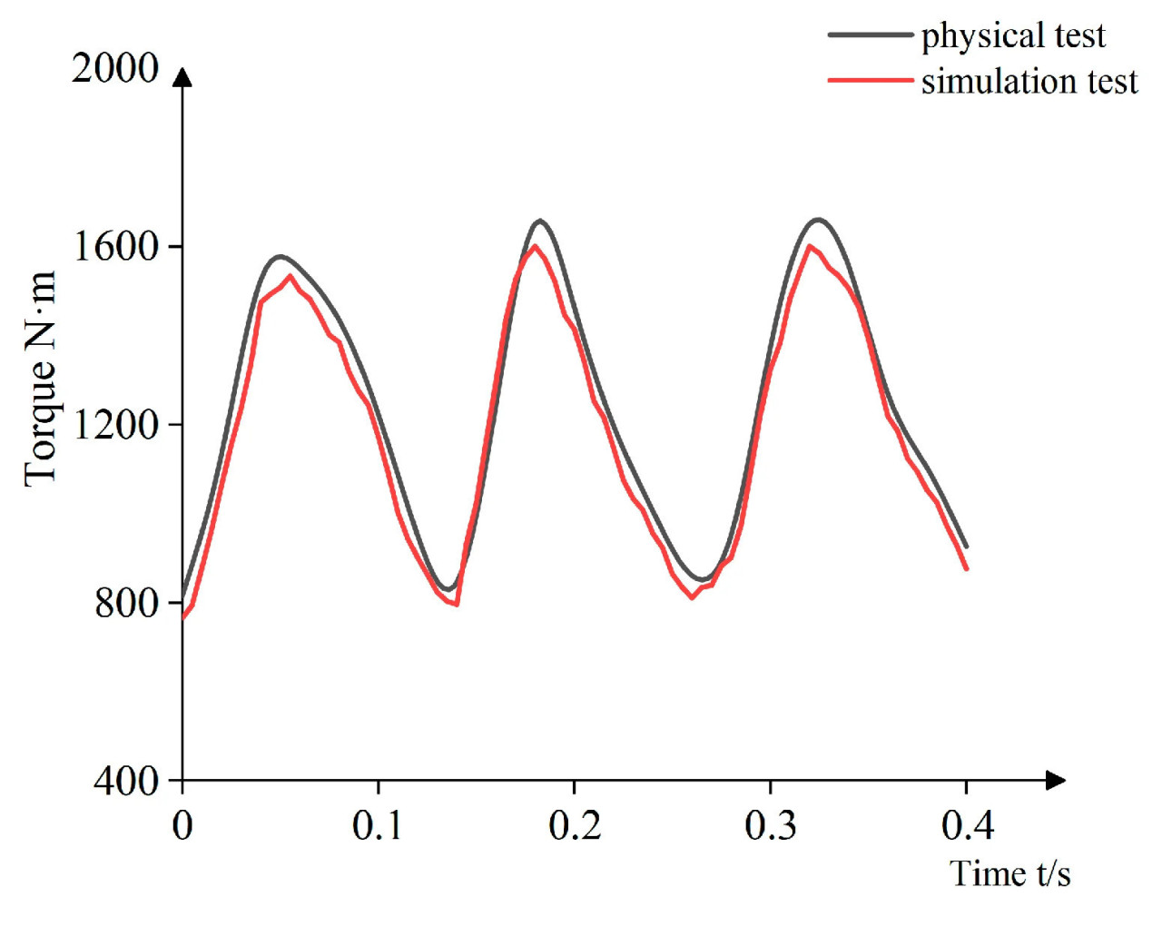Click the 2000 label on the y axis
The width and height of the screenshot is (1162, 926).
[x=115, y=68]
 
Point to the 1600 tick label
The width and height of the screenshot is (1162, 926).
[x=115, y=246]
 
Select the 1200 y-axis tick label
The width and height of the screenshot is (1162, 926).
[x=115, y=424]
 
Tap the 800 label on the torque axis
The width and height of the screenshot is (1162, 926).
[x=127, y=602]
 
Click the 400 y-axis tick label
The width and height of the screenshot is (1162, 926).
[x=126, y=780]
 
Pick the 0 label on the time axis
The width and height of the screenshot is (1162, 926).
[x=182, y=825]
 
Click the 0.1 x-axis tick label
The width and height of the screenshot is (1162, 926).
[x=378, y=825]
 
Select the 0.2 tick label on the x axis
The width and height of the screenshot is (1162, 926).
[x=575, y=825]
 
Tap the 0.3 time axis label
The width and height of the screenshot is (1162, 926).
[x=771, y=825]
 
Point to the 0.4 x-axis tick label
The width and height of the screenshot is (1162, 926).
[x=967, y=825]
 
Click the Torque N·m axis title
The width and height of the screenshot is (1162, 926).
[x=41, y=379]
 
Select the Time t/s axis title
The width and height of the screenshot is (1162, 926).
[x=1010, y=873]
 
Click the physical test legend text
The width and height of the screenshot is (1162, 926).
[x=1013, y=35]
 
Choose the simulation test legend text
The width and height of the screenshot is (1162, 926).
[x=1029, y=81]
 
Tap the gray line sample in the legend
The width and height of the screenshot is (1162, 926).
[x=870, y=35]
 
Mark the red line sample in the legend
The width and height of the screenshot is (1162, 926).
[x=870, y=81]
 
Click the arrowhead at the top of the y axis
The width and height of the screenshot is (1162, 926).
[x=182, y=77]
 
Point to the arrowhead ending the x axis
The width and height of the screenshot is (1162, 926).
[x=1055, y=780]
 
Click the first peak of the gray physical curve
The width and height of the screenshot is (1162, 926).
[x=281, y=257]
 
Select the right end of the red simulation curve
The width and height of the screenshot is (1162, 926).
[x=967, y=569]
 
